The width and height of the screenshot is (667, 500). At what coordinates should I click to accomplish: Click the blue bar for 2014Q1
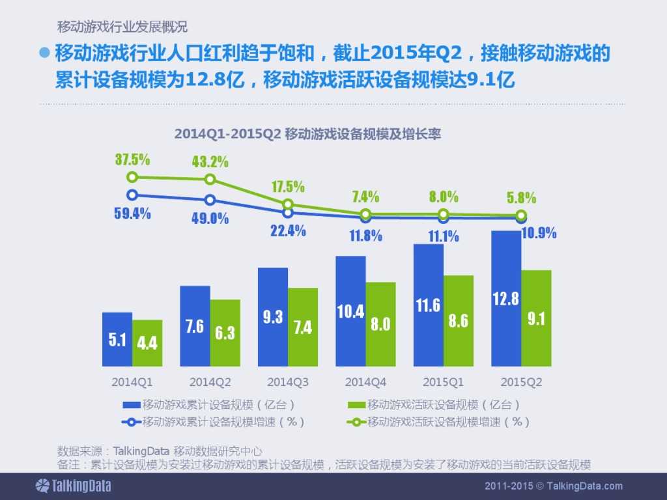[x=117, y=339]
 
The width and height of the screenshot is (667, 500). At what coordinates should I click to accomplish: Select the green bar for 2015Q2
[x=536, y=318]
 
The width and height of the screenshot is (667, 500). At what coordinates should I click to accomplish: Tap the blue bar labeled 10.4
[x=350, y=311]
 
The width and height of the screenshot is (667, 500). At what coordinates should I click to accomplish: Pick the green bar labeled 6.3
[x=225, y=333]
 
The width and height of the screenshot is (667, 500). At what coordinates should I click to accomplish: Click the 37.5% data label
[x=133, y=160]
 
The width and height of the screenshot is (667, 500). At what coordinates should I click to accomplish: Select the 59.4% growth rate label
[x=134, y=213]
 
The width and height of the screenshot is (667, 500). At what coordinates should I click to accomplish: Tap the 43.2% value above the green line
[x=210, y=161]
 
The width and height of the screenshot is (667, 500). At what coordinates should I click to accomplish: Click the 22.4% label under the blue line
[x=288, y=230]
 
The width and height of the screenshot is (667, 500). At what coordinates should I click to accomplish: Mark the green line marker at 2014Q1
[x=132, y=177]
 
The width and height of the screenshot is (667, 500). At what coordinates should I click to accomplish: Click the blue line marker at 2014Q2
[x=210, y=200]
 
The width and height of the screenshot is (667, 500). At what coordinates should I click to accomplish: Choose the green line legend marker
[x=356, y=422]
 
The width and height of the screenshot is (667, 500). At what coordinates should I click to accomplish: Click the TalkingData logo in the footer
[x=73, y=486]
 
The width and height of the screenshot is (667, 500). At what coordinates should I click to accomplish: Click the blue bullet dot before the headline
[x=45, y=53]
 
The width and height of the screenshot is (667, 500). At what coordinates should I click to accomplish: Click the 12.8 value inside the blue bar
[x=506, y=299]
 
